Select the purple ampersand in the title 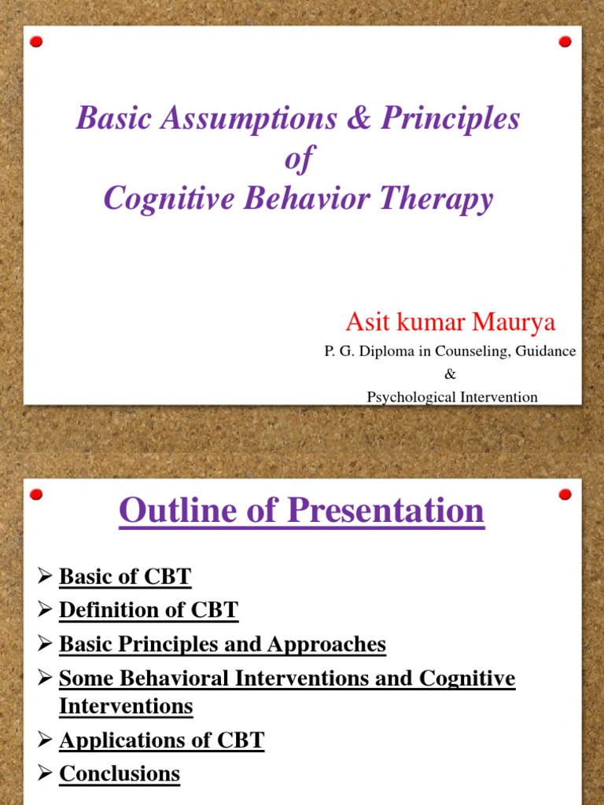tap(359, 119)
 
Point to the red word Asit tap(366, 322)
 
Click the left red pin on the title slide tap(36, 42)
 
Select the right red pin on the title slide tap(565, 42)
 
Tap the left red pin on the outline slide tap(36, 494)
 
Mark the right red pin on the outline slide tap(565, 494)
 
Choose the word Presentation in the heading tap(385, 511)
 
